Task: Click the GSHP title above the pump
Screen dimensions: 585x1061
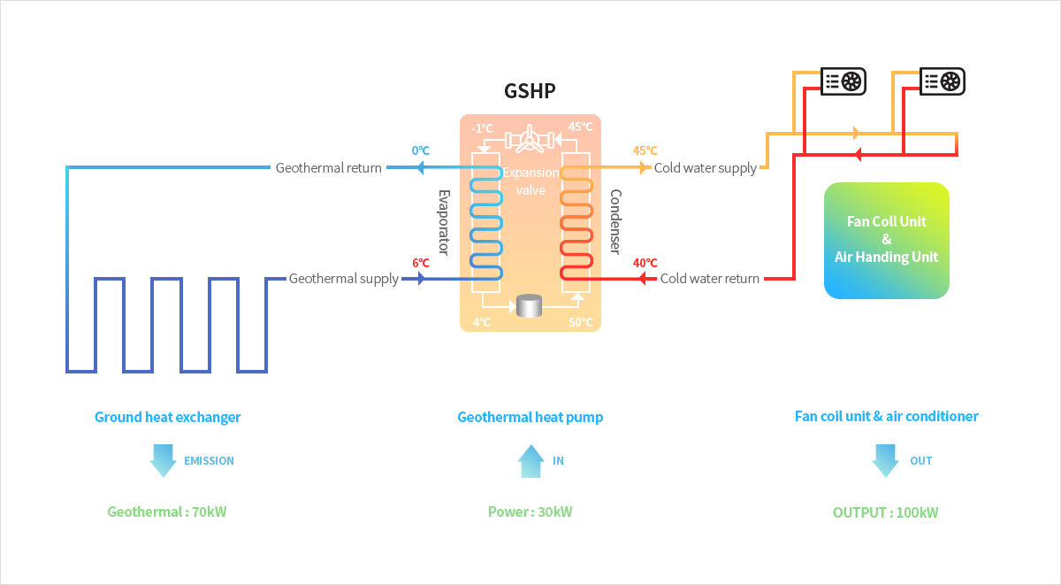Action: tap(530, 90)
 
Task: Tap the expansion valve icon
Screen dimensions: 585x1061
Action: tap(530, 139)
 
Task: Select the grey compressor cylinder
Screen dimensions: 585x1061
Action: tap(530, 306)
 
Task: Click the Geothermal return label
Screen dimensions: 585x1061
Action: tap(329, 167)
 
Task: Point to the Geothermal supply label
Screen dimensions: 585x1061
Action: tap(344, 279)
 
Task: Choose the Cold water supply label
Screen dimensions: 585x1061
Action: tap(705, 167)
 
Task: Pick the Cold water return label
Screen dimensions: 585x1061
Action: tap(709, 279)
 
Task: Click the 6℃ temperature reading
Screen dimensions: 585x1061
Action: tap(420, 263)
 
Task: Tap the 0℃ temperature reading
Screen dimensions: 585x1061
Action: tap(420, 151)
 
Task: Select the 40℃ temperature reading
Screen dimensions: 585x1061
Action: tap(645, 263)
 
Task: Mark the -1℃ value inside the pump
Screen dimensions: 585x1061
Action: tap(482, 128)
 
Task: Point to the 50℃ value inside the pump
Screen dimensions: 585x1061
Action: tap(580, 322)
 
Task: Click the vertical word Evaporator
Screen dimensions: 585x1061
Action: tap(445, 222)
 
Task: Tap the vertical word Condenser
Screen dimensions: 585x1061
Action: tap(615, 222)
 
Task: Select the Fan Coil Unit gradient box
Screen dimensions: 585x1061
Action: tap(886, 240)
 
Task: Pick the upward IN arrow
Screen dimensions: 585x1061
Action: tap(530, 461)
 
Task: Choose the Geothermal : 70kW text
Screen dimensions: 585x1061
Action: tap(167, 512)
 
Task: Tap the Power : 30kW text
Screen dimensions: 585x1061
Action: tap(530, 512)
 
